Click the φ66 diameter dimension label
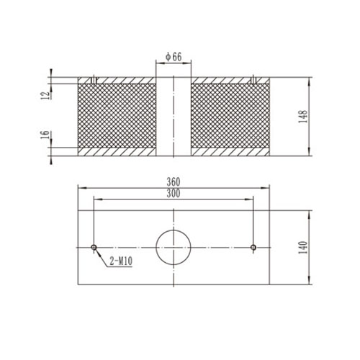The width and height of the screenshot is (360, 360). [x=174, y=56]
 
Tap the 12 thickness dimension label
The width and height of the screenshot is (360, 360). [x=45, y=94]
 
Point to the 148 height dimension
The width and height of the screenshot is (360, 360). [x=305, y=116]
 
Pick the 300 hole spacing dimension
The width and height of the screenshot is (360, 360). [x=174, y=194]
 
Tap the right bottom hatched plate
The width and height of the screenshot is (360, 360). [x=230, y=152]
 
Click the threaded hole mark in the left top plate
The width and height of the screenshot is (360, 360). [x=94, y=78]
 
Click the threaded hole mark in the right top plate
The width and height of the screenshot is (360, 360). [x=253, y=78]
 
